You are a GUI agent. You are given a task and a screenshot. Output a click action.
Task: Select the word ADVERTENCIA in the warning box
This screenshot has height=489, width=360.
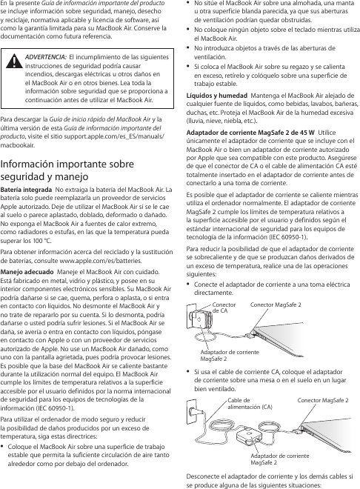point(49,56)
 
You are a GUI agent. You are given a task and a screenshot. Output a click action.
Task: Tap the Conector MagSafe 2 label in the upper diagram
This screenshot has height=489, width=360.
point(276,305)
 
